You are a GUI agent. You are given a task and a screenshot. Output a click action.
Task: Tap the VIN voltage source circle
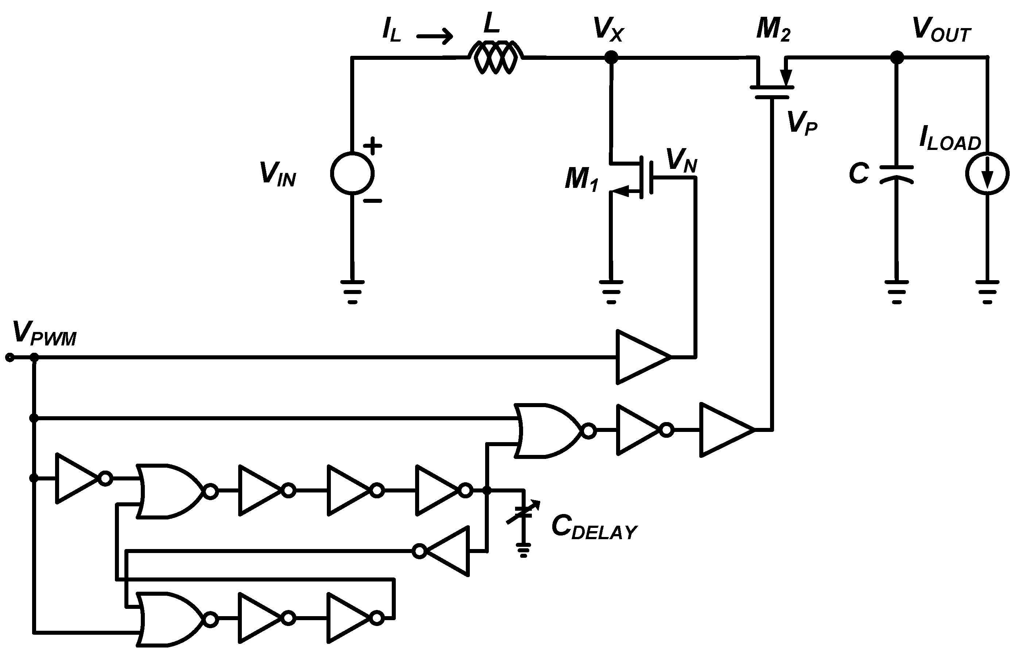352,173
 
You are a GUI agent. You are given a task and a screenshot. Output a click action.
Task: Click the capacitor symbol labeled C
896,174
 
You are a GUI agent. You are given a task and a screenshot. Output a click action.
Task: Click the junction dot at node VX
611,57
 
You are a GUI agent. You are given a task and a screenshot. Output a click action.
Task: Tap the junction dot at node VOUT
897,57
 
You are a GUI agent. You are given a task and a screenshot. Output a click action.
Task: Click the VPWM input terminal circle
9,357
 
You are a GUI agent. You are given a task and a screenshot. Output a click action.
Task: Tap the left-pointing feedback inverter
446,551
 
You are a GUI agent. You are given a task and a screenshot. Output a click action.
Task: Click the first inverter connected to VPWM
79,478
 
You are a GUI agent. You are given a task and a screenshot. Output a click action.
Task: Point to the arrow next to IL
434,36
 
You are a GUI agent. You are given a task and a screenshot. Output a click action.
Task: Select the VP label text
801,123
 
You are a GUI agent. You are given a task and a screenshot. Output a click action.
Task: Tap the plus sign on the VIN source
372,146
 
